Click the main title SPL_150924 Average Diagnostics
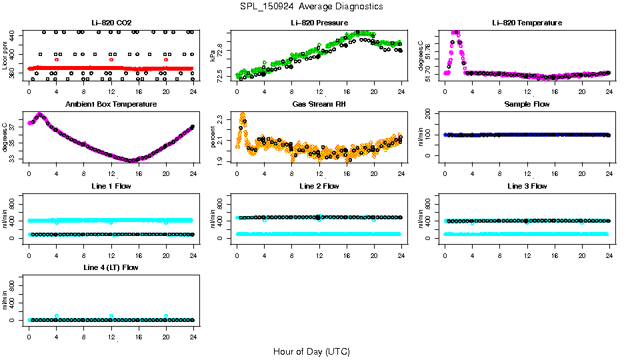click(x=312, y=7)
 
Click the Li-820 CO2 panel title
click(x=110, y=23)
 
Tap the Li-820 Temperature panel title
click(x=526, y=23)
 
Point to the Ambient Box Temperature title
click(x=111, y=105)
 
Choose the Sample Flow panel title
click(x=526, y=105)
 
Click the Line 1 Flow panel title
click(x=111, y=186)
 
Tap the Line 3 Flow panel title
click(x=526, y=186)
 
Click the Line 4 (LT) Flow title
click(x=111, y=267)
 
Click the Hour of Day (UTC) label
click(x=311, y=351)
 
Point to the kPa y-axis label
click(x=213, y=55)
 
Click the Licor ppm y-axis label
click(x=5, y=55)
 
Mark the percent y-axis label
click(x=213, y=137)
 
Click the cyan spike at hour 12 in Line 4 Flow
click(x=111, y=316)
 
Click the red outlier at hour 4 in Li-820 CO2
click(x=57, y=59)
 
